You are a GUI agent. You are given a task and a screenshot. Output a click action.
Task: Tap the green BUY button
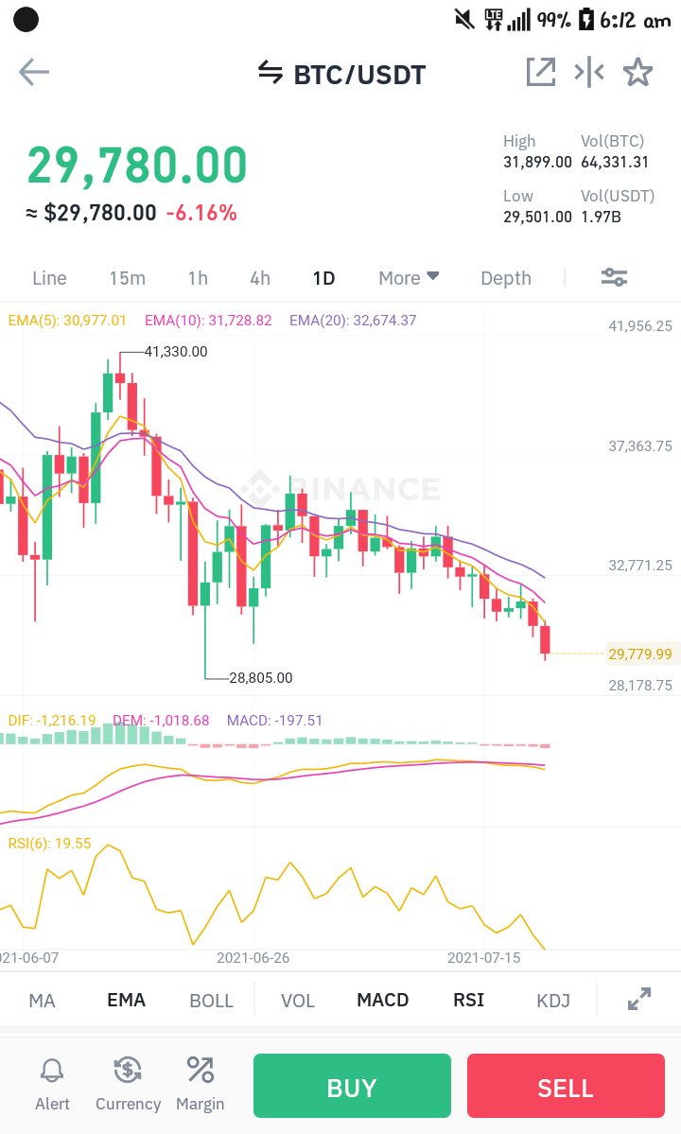(352, 1086)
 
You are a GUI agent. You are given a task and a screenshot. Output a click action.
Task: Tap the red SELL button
(566, 1086)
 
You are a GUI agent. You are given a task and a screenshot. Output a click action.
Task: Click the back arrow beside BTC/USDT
(34, 72)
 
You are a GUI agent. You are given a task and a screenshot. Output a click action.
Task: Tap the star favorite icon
(637, 72)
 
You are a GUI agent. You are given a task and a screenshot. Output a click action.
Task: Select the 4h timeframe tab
(260, 278)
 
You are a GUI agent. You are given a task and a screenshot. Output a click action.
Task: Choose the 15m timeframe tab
(128, 278)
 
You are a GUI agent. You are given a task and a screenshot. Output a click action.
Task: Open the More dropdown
(410, 278)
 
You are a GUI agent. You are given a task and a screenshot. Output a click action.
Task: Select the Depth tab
(506, 278)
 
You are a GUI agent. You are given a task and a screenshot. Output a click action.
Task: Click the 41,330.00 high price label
(176, 352)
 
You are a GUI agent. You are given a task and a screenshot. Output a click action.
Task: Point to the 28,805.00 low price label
(261, 677)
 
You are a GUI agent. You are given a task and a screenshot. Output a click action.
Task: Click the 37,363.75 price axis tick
(640, 446)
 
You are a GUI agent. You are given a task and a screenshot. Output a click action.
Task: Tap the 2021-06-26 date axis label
(253, 957)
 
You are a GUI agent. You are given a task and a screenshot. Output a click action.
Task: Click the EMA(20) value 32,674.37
(384, 321)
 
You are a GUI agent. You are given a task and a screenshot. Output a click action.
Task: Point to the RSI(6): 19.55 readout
(50, 844)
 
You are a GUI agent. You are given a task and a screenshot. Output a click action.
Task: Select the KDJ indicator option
(553, 1001)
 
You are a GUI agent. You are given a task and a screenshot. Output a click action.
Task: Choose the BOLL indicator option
(211, 1001)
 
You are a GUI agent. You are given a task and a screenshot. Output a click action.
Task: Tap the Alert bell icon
(52, 1071)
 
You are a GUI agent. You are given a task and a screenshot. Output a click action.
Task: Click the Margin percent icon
(200, 1070)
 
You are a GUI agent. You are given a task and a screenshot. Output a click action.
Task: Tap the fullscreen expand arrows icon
(639, 999)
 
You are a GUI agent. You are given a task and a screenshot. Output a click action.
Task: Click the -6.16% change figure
(201, 214)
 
